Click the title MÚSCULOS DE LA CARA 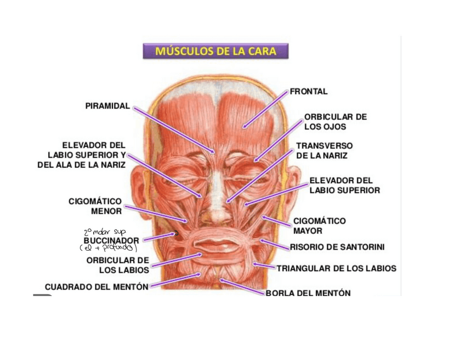(216, 52)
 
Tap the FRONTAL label (309, 92)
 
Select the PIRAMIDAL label (107, 106)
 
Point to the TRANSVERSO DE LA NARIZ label (324, 150)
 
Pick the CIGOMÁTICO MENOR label (95, 206)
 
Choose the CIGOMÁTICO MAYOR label (319, 226)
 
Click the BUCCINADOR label (111, 240)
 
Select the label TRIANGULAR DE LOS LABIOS (336, 269)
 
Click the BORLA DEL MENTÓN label (308, 293)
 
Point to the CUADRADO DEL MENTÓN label (97, 286)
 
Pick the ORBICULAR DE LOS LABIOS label (118, 265)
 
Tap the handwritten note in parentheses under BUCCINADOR (108, 248)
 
